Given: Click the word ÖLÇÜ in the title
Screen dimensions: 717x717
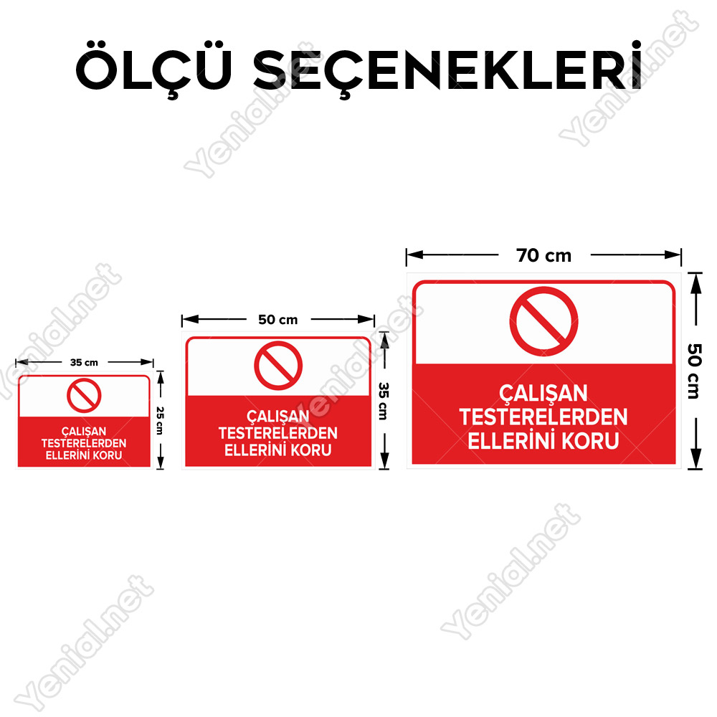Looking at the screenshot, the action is pos(153,70).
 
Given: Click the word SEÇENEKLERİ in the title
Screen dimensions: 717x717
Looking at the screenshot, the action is pos(448,70).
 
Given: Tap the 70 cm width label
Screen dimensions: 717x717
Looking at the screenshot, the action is pos(543,256).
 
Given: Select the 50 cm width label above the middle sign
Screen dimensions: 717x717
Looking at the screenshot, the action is pos(277,320).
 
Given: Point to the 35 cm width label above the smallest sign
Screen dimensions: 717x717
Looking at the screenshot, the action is pos(84,363).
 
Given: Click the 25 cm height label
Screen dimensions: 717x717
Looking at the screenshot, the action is pos(160,420).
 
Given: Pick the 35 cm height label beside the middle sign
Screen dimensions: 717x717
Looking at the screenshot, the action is pos(384,401).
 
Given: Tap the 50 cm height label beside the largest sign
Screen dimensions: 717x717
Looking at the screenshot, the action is pos(694,371).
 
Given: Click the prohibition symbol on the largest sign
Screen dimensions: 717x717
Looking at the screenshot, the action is pos(543,321).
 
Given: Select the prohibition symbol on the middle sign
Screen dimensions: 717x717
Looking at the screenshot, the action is pos(278,366).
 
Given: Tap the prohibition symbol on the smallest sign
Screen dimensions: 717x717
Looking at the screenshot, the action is pos(84,396).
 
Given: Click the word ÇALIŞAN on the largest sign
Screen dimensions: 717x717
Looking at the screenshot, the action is pos(543,394).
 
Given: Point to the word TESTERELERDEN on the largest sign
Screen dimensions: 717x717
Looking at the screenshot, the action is pos(543,417).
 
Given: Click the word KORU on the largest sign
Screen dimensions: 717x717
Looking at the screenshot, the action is pos(590,441).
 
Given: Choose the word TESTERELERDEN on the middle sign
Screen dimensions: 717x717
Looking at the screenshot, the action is pos(278,433).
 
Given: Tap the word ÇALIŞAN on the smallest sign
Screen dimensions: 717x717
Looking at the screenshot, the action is pos(84,432).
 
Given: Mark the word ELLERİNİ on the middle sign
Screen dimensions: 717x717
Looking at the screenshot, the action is pos(256,450).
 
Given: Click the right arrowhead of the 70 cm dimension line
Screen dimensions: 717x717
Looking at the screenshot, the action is pos(673,255).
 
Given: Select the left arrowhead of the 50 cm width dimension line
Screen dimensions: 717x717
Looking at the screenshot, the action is pos(190,319).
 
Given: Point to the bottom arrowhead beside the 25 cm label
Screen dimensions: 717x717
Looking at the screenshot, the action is pos(160,462).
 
